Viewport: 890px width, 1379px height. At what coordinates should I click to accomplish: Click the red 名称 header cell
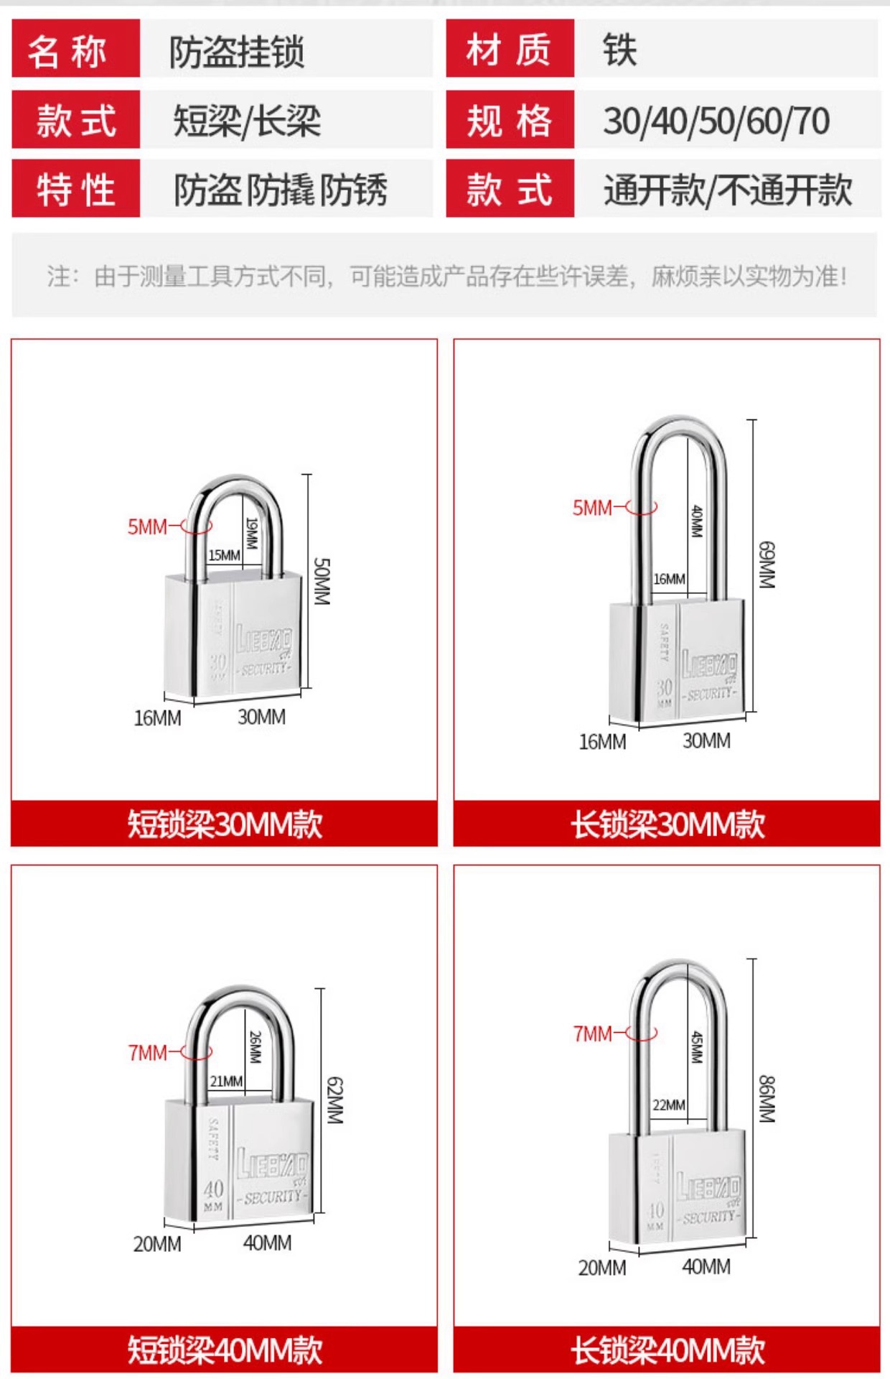pos(75,50)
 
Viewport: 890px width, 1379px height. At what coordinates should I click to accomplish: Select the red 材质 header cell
pos(510,50)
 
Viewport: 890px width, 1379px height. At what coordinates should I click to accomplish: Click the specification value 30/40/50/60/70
pos(716,121)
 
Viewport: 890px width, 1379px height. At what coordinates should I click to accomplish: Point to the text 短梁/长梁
pos(246,121)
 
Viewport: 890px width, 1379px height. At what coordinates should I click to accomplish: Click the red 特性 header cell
pos(75,190)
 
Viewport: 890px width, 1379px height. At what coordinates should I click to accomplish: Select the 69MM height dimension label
pos(767,565)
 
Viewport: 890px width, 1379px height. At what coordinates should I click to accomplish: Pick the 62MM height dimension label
pos(334,1100)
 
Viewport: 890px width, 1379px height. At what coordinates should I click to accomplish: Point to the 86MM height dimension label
pos(767,1099)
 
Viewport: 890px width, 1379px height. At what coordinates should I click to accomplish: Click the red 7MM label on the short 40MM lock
pos(147,1053)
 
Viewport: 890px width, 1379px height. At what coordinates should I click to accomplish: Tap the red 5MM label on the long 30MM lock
pos(592,508)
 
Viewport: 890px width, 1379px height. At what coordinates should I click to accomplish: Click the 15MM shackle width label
pos(224,555)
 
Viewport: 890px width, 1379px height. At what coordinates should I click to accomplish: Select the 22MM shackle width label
pos(668,1105)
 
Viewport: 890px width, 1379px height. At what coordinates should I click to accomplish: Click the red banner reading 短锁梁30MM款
pos(224,824)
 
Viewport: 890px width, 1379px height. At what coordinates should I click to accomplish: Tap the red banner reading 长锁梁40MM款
pos(667,1350)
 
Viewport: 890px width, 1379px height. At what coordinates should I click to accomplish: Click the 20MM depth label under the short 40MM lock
pos(157,1244)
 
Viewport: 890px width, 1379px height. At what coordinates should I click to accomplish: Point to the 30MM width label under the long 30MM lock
pos(706,740)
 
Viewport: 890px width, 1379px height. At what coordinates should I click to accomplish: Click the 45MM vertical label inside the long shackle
pos(696,1047)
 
